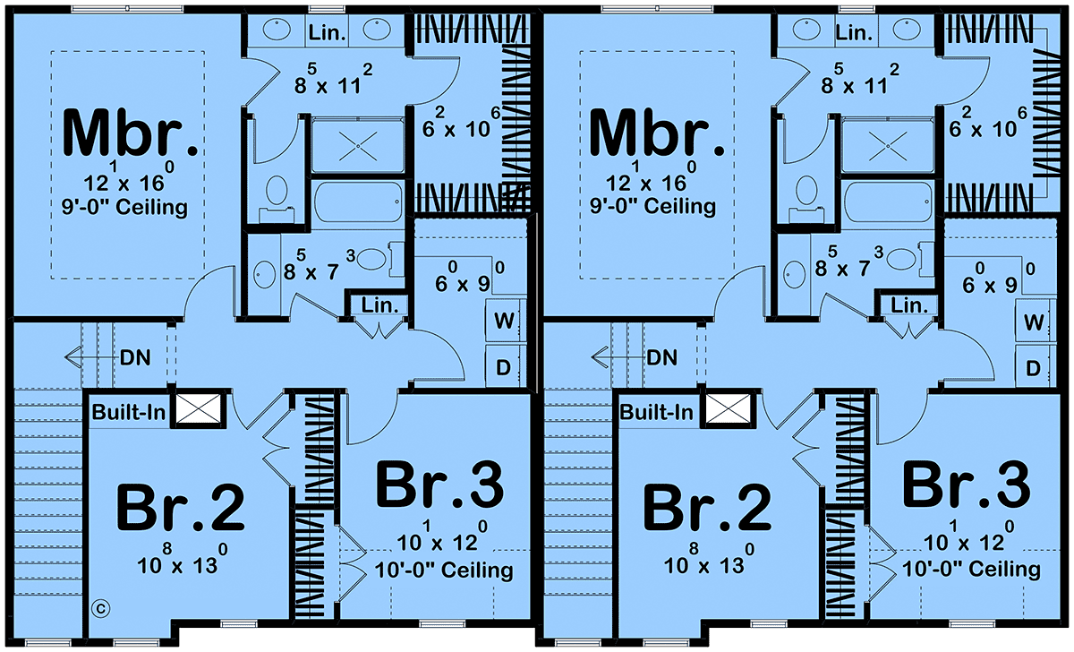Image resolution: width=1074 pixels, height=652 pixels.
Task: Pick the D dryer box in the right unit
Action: [x=1032, y=367]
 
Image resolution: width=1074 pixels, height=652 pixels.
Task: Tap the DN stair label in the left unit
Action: [x=134, y=358]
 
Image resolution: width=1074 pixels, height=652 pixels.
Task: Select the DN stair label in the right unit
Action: [x=662, y=358]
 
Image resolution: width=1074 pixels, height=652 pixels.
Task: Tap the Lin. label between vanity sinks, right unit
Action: [x=854, y=34]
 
